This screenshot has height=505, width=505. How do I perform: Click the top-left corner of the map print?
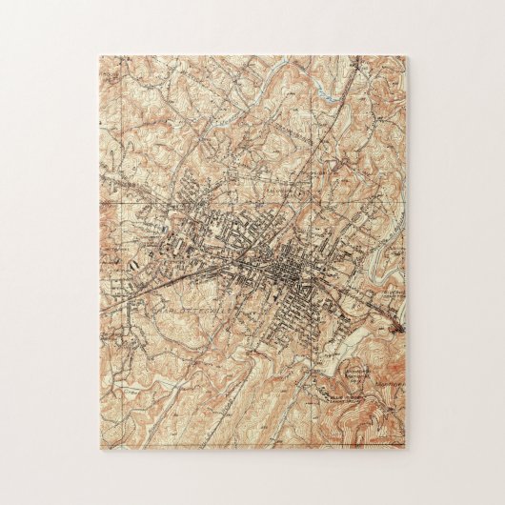(98, 56)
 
